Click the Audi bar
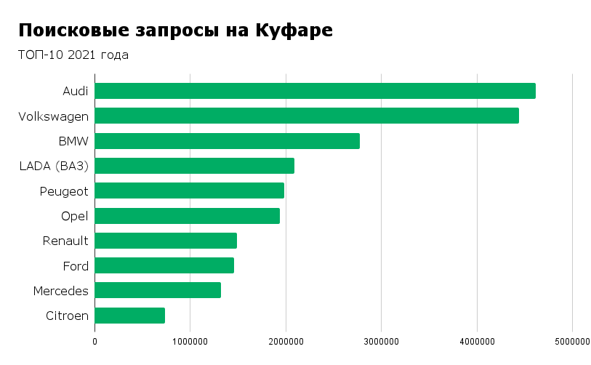315,91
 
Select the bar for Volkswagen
307,116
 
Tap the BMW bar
227,141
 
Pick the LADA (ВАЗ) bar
194,166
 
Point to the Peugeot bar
189,190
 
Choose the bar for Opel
187,216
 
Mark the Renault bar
166,241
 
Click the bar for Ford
164,265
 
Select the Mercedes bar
158,290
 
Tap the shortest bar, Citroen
129,316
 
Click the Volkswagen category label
54,116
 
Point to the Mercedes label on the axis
61,291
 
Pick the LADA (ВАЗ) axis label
54,166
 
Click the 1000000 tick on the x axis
190,340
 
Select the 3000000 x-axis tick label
382,340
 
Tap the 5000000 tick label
572,340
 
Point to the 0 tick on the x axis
95,340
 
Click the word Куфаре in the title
294,31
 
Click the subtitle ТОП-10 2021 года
73,55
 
